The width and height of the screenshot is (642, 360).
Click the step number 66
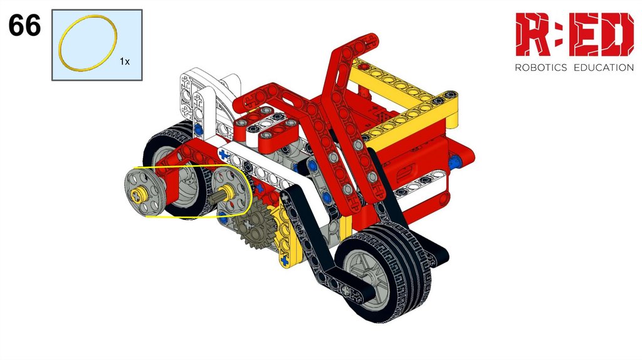click(x=24, y=25)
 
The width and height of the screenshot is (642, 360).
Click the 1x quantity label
click(x=125, y=61)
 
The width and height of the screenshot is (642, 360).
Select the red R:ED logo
click(x=574, y=34)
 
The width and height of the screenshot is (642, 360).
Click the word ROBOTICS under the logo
click(x=540, y=68)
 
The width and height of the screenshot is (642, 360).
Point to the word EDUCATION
click(x=604, y=68)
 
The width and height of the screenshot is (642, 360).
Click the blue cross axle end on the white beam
click(x=223, y=155)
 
